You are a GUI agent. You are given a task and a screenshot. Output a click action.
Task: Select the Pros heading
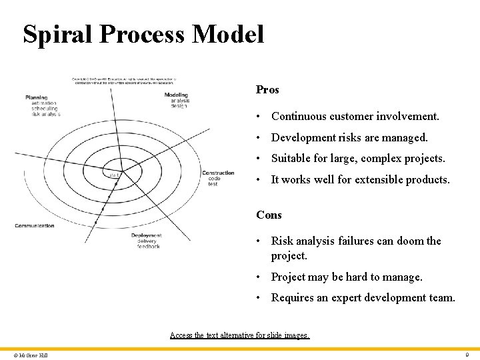(x=267, y=89)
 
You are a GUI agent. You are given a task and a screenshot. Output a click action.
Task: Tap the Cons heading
(x=269, y=215)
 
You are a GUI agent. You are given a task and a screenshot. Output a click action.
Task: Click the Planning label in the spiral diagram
(x=37, y=98)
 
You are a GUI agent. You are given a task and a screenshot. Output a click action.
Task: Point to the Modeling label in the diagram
(x=176, y=95)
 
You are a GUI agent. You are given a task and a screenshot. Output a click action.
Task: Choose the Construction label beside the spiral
(x=218, y=173)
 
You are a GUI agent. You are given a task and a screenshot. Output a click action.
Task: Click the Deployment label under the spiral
(x=146, y=235)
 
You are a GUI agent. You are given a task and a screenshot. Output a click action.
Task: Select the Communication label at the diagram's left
(x=35, y=226)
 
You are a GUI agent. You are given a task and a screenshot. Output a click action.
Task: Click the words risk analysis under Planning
(x=46, y=114)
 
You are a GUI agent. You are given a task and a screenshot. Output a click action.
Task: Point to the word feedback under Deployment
(x=148, y=247)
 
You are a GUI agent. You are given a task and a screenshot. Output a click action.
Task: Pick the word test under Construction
(x=213, y=184)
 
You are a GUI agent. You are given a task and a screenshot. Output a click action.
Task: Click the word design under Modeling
(x=179, y=106)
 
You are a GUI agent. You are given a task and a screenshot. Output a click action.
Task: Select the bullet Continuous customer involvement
(x=355, y=116)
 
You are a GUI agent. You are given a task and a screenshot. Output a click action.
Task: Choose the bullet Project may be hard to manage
(x=347, y=277)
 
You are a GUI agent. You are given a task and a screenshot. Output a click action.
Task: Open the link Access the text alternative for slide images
(x=240, y=335)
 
